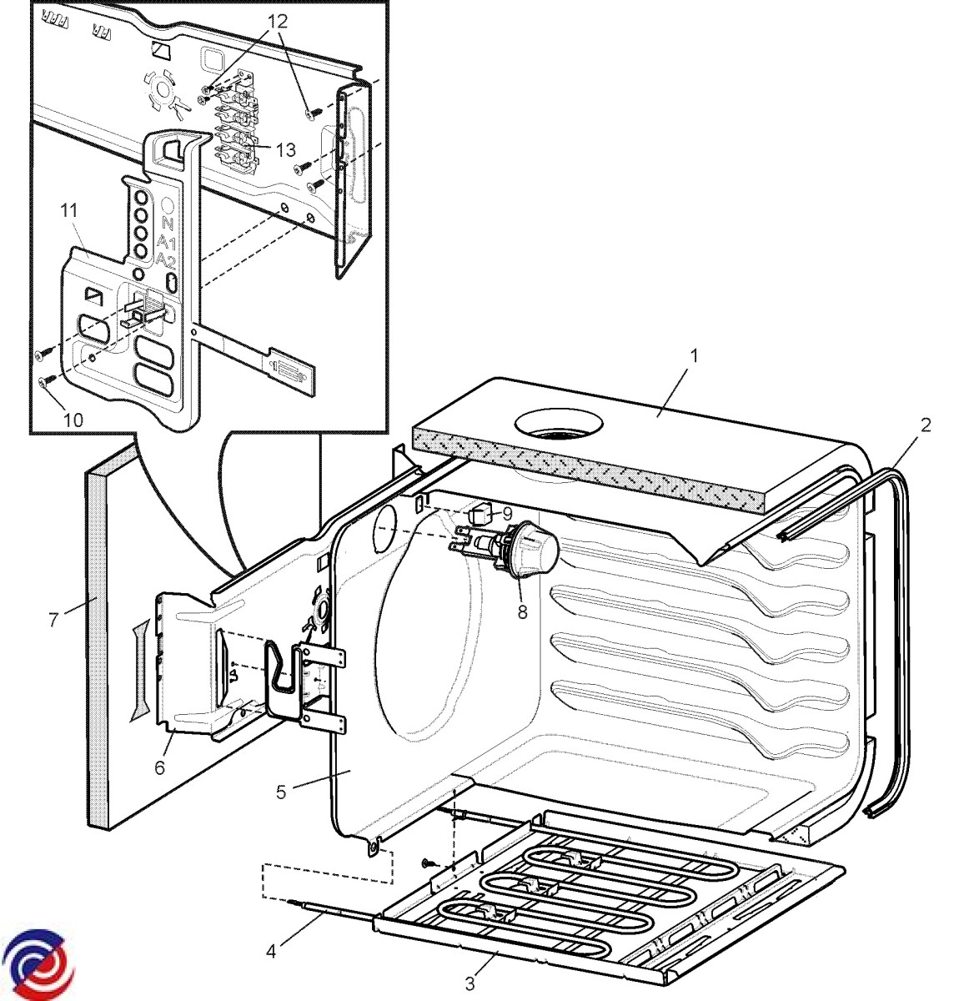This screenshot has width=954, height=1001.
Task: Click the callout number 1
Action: click(x=694, y=355)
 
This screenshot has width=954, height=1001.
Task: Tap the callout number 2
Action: click(x=925, y=425)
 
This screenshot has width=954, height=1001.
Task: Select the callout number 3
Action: click(x=470, y=984)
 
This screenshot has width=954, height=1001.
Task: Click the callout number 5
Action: click(x=281, y=791)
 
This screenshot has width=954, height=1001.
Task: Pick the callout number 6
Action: click(x=160, y=767)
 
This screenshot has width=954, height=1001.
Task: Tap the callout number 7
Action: click(x=53, y=621)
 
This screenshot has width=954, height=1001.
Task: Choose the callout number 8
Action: click(x=524, y=611)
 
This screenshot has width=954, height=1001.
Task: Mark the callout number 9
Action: click(x=505, y=515)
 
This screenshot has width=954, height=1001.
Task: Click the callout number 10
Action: click(x=73, y=420)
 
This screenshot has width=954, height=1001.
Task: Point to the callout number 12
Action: click(x=278, y=22)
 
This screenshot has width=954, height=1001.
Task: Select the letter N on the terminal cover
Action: click(x=168, y=223)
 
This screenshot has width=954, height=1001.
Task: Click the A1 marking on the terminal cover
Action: click(x=167, y=242)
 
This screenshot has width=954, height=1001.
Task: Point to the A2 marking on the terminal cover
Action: click(x=167, y=259)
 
